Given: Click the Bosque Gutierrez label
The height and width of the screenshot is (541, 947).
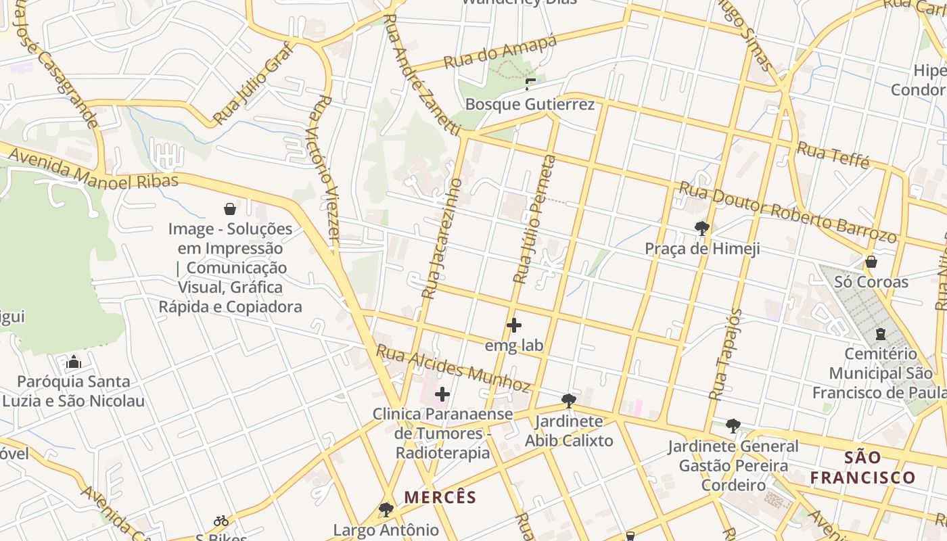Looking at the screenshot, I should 530,104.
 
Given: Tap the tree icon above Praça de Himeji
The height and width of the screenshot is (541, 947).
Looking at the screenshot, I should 702,229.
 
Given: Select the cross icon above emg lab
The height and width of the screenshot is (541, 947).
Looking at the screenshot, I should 514,325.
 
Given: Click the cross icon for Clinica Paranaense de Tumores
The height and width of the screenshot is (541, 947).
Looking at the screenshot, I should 442,394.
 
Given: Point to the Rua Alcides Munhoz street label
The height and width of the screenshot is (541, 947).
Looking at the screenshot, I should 453,369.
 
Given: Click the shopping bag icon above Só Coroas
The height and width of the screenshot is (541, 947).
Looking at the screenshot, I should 871,261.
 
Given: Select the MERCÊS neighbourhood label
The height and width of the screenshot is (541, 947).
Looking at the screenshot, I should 440,498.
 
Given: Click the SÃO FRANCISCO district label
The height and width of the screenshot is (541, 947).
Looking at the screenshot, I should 862,468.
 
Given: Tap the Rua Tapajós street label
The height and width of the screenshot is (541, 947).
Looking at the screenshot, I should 725,354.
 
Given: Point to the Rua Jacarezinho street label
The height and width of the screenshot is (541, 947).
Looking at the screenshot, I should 442,239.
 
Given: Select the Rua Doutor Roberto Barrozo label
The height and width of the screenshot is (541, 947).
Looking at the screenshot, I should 787,212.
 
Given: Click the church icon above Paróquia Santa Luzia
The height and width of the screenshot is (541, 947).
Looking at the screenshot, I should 74,362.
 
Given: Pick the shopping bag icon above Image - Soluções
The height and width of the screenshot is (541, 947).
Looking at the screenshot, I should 230,209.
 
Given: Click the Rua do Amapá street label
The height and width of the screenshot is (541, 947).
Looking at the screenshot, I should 500,52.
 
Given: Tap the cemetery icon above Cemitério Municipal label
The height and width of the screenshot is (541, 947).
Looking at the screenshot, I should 880,333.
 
